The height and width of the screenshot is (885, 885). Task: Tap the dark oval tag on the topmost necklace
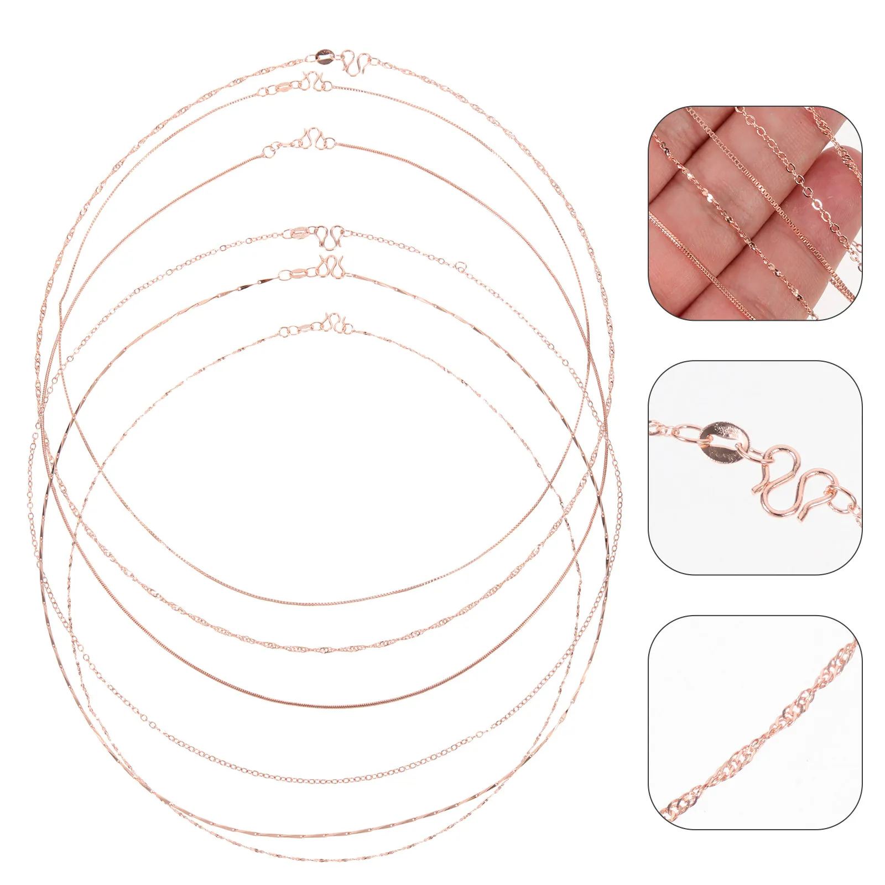[324, 54]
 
